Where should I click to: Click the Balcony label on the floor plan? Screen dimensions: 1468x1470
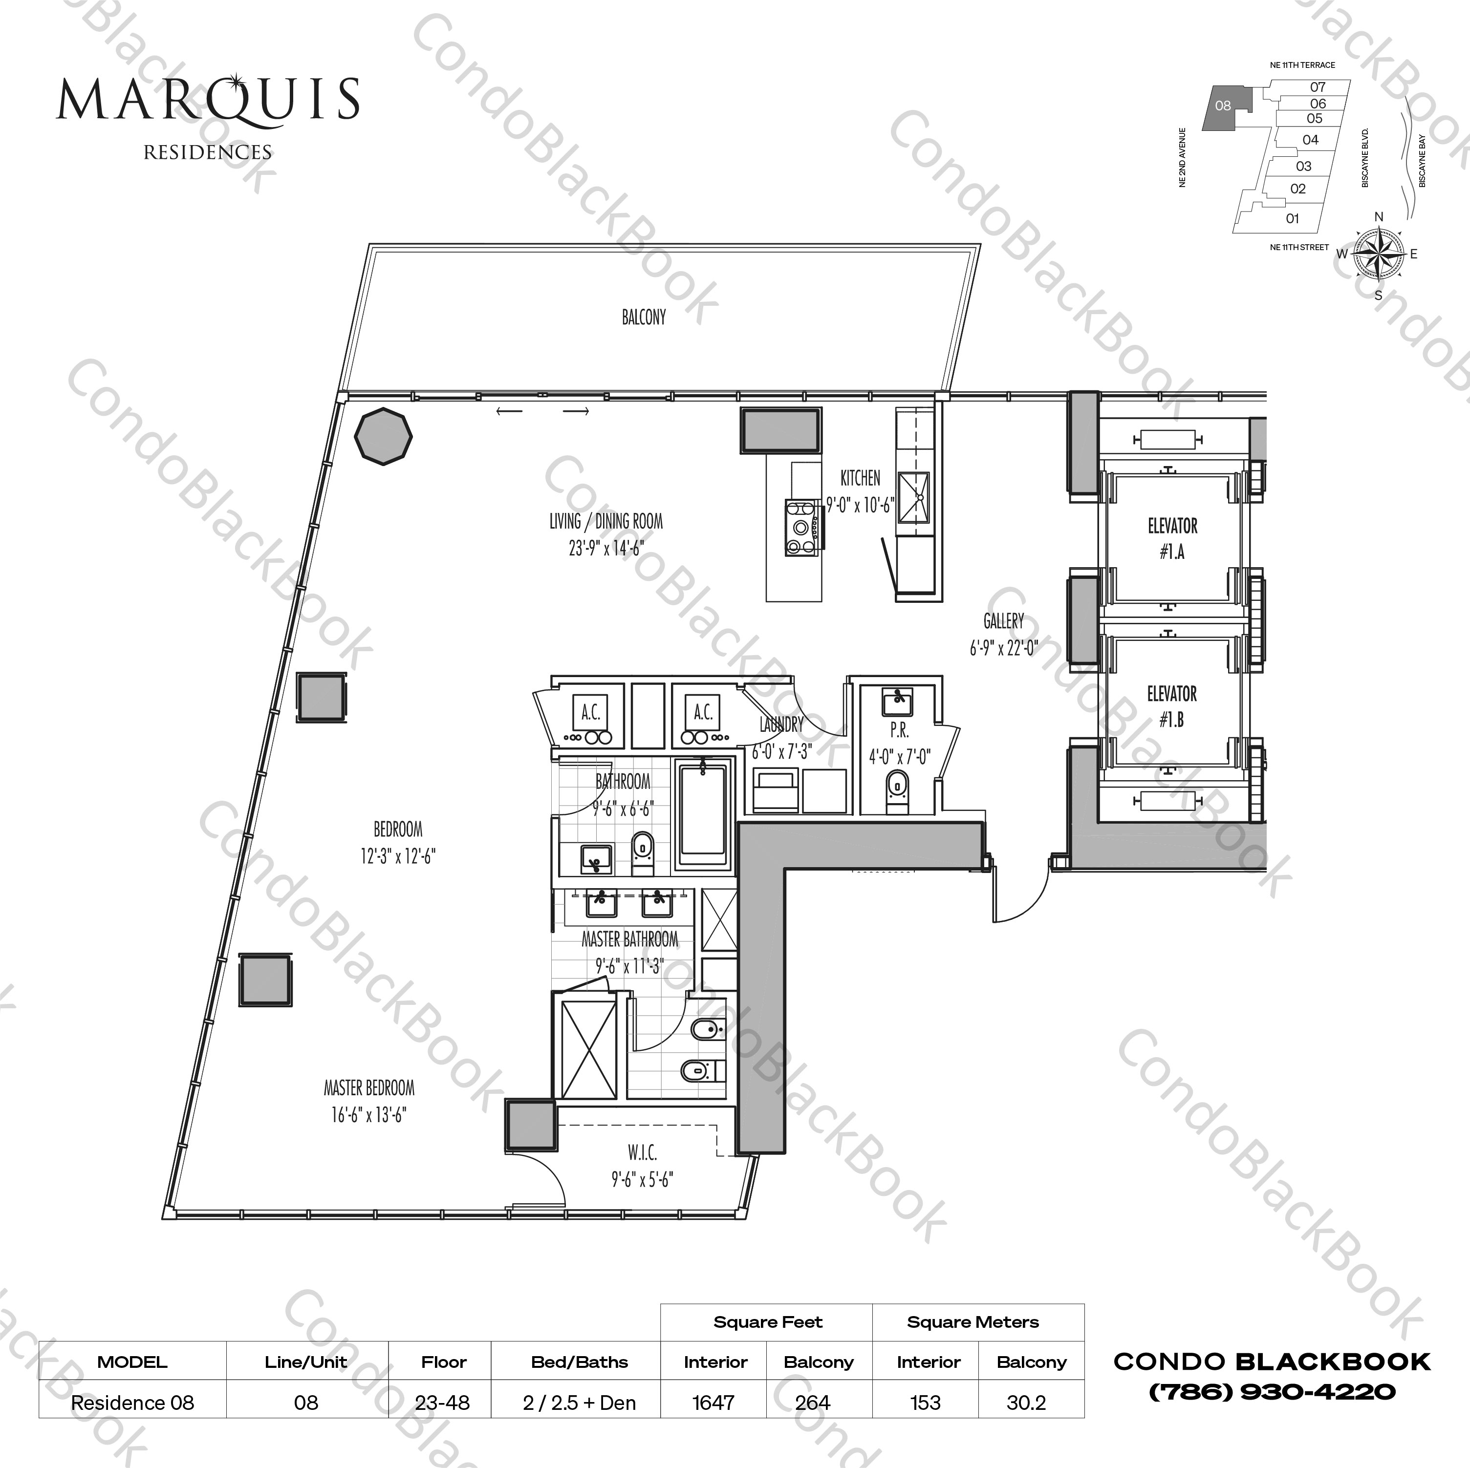(x=644, y=317)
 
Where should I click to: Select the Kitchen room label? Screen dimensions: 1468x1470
(x=860, y=478)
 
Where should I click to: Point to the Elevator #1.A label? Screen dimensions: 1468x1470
(x=1172, y=538)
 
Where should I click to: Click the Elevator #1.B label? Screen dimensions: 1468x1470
(x=1172, y=706)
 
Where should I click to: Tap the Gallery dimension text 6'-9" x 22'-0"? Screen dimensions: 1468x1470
(x=1004, y=649)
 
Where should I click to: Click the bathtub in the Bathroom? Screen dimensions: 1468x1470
(x=703, y=812)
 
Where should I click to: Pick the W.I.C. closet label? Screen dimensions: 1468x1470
(x=642, y=1152)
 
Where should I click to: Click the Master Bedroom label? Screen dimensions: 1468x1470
(x=369, y=1088)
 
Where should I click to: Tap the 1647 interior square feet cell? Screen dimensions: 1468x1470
(x=713, y=1402)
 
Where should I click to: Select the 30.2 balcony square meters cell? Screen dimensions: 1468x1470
(x=1026, y=1402)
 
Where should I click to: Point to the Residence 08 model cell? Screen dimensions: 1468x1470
(x=132, y=1402)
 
